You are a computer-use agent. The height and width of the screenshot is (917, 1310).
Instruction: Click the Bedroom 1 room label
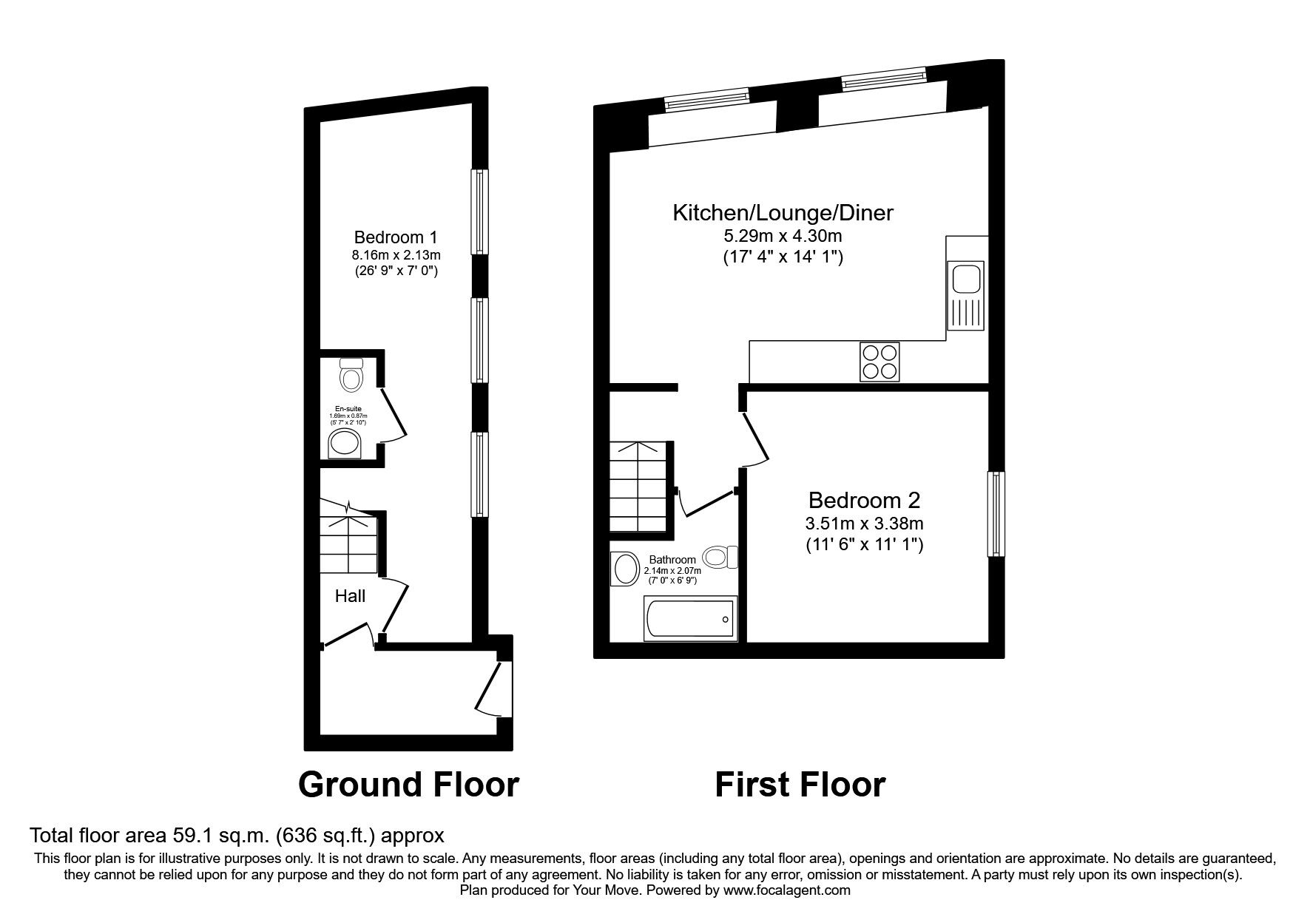tap(396, 237)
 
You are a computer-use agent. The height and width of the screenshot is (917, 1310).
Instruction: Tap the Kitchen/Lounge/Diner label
tap(783, 213)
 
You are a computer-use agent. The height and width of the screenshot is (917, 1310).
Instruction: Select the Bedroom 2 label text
tap(864, 500)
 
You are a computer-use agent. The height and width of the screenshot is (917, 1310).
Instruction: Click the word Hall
tap(350, 596)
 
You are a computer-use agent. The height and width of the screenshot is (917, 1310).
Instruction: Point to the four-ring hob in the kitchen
tap(879, 362)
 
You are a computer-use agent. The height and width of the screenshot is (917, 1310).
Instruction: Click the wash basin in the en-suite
tap(345, 444)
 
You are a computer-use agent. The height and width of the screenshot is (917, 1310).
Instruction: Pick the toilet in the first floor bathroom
tap(720, 556)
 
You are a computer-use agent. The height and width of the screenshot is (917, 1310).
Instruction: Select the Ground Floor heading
tap(408, 785)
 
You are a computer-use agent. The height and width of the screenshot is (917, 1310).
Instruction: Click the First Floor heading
tap(800, 785)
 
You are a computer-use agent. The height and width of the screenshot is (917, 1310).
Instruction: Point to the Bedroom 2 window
tap(996, 514)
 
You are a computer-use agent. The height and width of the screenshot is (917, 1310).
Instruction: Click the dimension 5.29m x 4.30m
tap(783, 237)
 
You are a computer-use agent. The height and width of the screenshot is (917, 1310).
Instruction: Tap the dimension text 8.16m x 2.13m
tap(396, 255)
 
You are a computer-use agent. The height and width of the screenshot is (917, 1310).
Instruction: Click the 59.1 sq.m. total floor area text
tap(237, 836)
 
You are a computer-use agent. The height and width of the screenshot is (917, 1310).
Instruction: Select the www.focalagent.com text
tap(786, 890)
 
